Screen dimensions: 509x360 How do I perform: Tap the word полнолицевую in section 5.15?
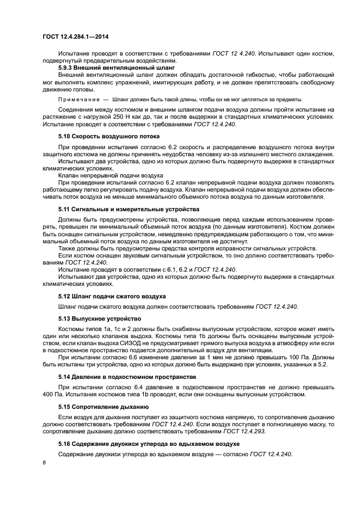click(x=282, y=424)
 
